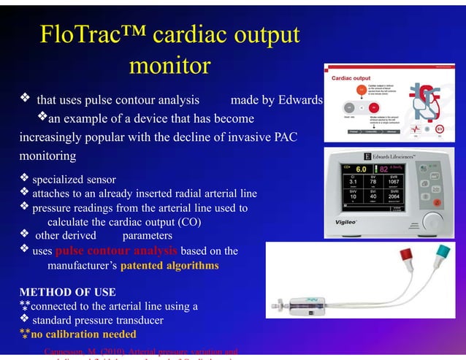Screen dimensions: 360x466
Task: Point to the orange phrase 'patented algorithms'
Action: pyautogui.click(x=169, y=266)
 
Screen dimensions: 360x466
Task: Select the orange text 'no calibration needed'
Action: pyautogui.click(x=83, y=334)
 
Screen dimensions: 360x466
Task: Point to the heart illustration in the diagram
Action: pyautogui.click(x=424, y=102)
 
